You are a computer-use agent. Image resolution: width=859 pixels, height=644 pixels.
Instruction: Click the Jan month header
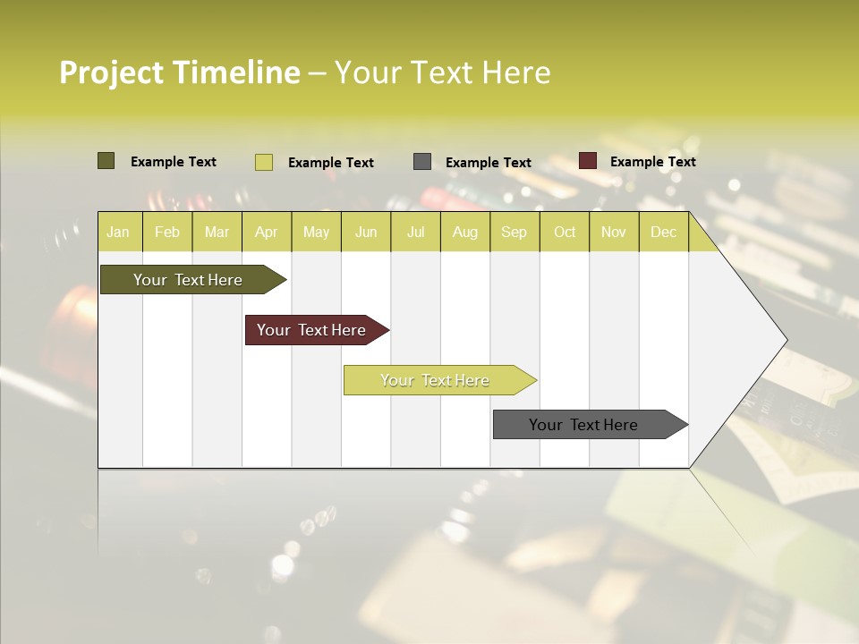[118, 232]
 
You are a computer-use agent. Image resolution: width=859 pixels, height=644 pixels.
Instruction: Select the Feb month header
[167, 232]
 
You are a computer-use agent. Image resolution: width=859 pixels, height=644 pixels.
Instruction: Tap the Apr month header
[266, 232]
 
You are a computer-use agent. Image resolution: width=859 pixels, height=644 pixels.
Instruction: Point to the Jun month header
[366, 232]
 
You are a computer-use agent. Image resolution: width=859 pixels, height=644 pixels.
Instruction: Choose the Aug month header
[464, 232]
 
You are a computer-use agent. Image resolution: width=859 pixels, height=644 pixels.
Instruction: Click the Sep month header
[514, 232]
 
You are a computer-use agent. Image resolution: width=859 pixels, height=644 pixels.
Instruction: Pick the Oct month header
[565, 232]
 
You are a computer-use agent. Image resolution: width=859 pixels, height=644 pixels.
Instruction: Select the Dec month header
[663, 232]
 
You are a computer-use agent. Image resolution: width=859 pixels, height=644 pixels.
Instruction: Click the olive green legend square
[106, 161]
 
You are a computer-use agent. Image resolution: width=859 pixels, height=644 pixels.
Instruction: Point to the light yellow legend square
[263, 162]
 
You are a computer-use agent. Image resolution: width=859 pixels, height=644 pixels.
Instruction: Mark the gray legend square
[422, 162]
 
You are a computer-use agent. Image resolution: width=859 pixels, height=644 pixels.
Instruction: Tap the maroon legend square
[587, 161]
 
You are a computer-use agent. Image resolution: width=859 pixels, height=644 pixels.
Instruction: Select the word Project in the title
[112, 72]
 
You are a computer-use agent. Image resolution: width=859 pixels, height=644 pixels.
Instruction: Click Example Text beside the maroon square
[652, 162]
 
